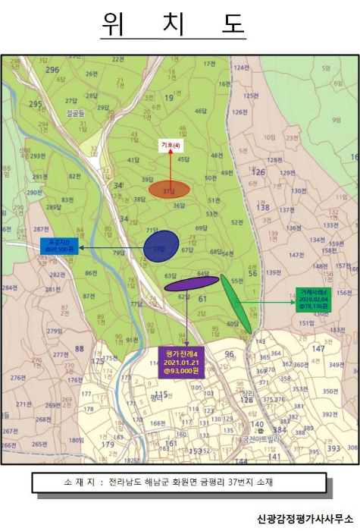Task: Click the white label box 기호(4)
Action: [170, 146]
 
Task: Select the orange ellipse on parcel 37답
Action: [168, 190]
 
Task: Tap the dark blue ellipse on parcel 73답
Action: [161, 247]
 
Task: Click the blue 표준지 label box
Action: [59, 246]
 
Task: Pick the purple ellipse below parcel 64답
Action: [191, 284]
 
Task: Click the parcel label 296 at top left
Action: [52, 70]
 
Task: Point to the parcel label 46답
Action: [201, 112]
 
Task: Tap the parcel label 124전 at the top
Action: [241, 68]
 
